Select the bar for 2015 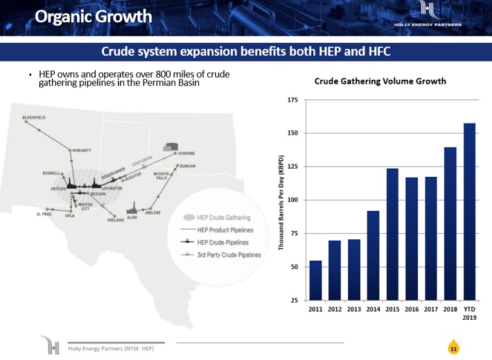click(392, 234)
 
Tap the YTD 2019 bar click(469, 212)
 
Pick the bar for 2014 click(373, 255)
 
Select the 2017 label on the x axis click(430, 309)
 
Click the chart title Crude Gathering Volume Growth click(380, 81)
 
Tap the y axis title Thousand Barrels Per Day click(282, 201)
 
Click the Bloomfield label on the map click(34, 118)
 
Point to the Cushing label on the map click(186, 153)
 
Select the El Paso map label click(44, 214)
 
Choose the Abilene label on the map click(153, 213)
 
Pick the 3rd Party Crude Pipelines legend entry click(229, 255)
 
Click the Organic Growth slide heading click(93, 17)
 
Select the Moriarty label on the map click(82, 150)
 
